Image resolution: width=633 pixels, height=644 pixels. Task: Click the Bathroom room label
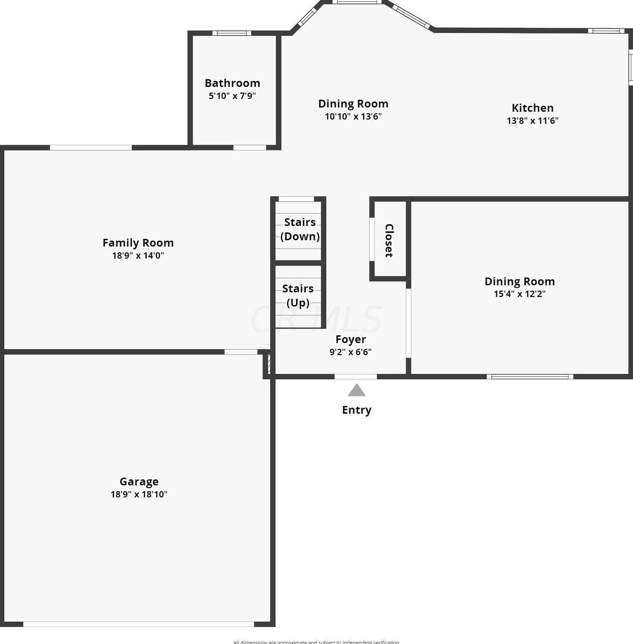[x=232, y=83]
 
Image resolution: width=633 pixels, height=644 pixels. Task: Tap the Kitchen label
[x=532, y=108]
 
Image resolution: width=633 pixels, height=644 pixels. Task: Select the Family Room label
[x=138, y=243]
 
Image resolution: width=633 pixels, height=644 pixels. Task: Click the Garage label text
[x=139, y=481]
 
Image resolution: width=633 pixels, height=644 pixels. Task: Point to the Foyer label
[x=350, y=339]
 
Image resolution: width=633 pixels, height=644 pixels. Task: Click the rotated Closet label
[x=389, y=240]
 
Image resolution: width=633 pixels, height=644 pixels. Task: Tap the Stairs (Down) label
[x=300, y=229]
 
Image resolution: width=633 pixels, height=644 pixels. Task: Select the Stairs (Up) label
[x=298, y=295]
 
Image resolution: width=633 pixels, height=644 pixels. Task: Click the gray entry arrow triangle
[x=356, y=390]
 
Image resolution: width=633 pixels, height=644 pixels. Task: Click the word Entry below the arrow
[x=356, y=410]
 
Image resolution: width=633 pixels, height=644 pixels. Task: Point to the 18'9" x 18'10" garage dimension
[x=139, y=494]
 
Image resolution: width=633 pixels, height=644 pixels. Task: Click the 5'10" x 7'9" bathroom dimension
[x=232, y=96]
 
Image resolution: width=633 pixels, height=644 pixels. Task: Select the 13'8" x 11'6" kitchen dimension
[x=532, y=121]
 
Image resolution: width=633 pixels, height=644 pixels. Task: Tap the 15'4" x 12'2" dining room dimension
[x=519, y=294]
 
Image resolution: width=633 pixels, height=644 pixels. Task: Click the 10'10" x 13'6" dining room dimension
[x=353, y=116]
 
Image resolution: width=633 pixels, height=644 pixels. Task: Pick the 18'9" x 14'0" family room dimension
[x=138, y=255]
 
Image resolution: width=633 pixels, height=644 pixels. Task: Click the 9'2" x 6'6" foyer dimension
[x=350, y=352]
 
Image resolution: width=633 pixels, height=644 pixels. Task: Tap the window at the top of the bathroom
[x=232, y=33]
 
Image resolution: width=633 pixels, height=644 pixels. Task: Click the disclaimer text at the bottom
[x=316, y=642]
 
